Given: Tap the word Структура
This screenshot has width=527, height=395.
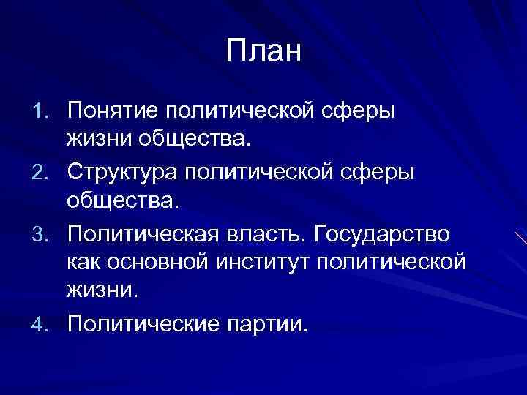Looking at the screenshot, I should pyautogui.click(x=122, y=172).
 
